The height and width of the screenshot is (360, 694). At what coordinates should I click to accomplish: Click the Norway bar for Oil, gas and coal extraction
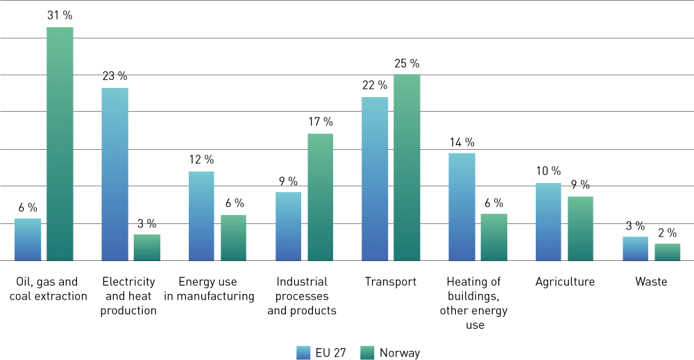point(60,144)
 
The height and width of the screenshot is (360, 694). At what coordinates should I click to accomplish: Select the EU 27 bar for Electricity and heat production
point(115,174)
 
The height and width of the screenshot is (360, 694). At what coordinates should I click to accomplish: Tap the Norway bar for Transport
point(407,167)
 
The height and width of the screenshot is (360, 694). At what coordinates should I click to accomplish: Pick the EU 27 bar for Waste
point(635,248)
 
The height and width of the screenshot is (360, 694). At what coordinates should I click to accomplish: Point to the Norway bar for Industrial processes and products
point(320,197)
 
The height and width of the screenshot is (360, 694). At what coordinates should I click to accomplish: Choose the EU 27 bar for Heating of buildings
point(462,207)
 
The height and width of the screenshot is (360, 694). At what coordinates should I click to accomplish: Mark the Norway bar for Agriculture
point(580,228)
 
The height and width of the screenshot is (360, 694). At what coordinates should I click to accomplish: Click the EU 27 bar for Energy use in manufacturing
point(201,216)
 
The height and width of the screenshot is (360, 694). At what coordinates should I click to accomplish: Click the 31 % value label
point(60,15)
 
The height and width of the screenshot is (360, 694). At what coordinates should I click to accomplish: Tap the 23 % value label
point(115,76)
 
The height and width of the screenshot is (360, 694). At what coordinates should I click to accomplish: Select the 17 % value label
point(320,121)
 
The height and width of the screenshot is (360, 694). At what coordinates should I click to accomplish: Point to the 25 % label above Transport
point(407,63)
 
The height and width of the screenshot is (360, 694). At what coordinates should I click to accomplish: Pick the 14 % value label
point(462,142)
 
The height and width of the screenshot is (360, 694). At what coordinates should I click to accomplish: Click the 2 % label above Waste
point(667,232)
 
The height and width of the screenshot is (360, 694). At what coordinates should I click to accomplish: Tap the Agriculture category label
point(565,282)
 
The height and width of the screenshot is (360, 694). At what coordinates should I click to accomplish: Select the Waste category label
point(651,282)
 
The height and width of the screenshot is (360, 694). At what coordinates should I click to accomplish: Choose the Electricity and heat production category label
point(128,296)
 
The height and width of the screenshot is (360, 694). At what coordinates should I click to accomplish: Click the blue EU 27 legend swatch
point(303,352)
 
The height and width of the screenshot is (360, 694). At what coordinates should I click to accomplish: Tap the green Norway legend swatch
point(367,352)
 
